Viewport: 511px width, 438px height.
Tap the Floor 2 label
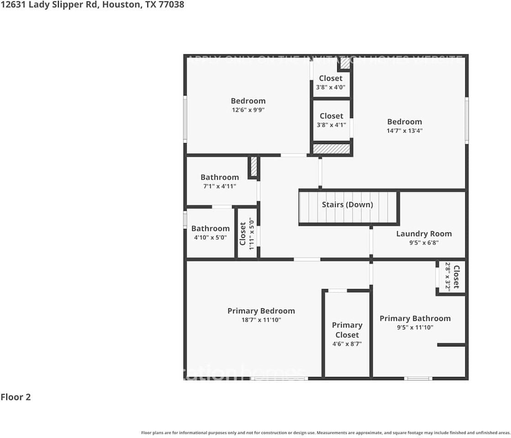16,397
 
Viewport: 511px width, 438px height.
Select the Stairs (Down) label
347,204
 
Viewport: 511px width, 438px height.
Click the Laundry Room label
424,234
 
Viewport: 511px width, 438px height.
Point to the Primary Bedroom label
261,311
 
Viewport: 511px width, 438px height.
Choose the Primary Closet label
347,330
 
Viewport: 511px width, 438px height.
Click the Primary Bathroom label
415,318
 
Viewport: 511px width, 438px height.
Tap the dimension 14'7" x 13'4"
405,130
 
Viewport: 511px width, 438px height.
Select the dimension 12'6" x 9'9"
248,109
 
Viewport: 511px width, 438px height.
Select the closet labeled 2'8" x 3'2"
451,276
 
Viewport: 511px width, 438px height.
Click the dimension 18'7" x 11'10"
261,320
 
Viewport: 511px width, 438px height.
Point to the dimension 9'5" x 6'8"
424,243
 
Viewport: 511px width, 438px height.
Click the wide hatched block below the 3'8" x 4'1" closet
332,149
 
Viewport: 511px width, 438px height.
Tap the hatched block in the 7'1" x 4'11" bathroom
254,167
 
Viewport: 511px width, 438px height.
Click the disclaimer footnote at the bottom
326,433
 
